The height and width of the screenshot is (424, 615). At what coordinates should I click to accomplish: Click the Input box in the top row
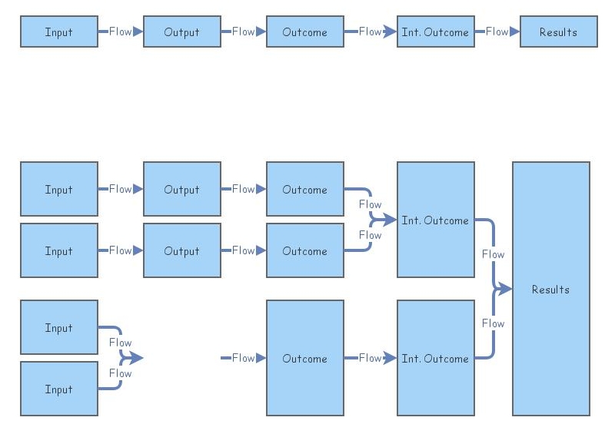coord(58,31)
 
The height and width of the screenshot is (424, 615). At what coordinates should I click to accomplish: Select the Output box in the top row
coord(181,31)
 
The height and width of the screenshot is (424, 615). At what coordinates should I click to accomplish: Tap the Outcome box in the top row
coord(304,31)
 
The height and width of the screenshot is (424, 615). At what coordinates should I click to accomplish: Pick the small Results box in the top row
coord(558,31)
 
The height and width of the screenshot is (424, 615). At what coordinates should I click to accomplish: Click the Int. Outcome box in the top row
coord(435,31)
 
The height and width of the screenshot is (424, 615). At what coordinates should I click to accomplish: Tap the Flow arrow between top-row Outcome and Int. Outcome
coord(371,31)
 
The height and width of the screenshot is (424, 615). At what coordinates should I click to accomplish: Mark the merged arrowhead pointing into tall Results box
coord(504,289)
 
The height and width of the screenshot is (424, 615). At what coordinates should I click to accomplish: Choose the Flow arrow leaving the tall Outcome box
coord(371,358)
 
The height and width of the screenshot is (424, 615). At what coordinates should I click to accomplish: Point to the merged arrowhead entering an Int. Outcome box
coord(389,220)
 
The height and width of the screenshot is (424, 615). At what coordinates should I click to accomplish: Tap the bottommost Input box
coord(58,389)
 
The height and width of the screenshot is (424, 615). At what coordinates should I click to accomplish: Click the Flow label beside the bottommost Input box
coord(120,373)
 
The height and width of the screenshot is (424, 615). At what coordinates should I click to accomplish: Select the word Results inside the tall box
coord(550,290)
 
